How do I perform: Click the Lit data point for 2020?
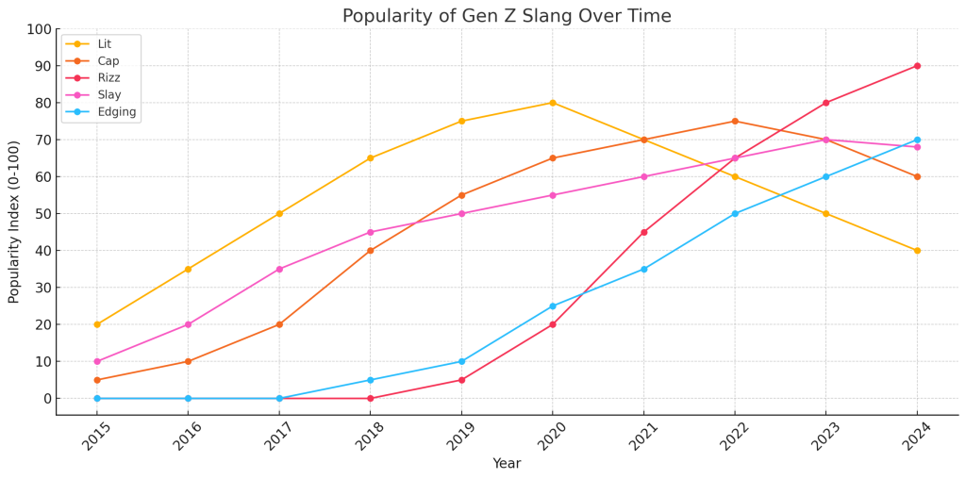coord(553,103)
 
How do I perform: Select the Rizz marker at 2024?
coord(917,66)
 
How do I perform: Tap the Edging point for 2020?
coord(553,306)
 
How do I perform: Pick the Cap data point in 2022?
coord(735,121)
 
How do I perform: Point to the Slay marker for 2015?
coord(97,361)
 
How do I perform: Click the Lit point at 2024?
coord(917,251)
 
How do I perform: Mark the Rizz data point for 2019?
coord(461,380)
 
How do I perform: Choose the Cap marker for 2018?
coord(371,251)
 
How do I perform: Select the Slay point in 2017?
coord(279,269)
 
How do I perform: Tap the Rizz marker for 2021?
coord(644,232)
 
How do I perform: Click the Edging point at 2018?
coord(371,380)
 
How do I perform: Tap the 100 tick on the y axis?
coord(38,29)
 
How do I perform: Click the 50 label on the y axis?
coord(42,214)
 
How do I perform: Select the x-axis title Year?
coord(507,464)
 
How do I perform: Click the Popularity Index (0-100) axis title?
coord(14,222)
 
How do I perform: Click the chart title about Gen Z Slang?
coord(507,16)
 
